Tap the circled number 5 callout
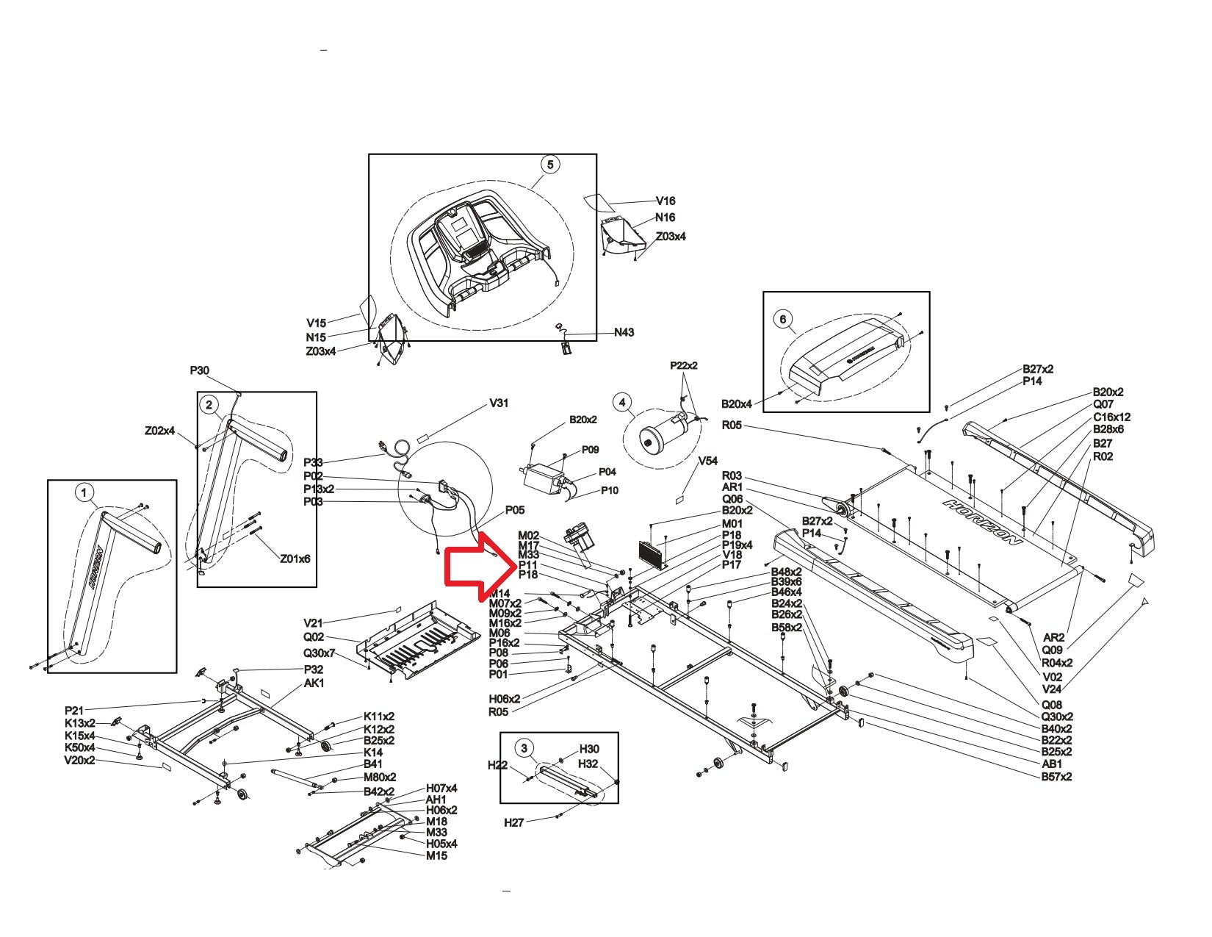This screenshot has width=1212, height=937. (550, 164)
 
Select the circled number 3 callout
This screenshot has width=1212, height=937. (524, 749)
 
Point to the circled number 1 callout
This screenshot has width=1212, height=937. (85, 492)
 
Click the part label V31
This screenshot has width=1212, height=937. (499, 403)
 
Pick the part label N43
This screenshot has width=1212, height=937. (624, 332)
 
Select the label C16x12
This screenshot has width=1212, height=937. (1111, 417)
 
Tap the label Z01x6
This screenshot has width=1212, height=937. (295, 559)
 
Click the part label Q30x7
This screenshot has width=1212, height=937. (319, 653)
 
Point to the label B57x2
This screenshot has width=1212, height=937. (1056, 776)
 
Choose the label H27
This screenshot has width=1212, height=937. (514, 822)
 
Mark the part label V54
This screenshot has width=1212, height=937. (708, 461)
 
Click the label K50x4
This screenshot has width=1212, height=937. (79, 747)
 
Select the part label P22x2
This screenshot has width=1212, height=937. (684, 365)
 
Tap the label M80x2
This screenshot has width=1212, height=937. (380, 777)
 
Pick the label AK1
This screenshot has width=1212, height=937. (314, 683)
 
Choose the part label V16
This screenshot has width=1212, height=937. (665, 201)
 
